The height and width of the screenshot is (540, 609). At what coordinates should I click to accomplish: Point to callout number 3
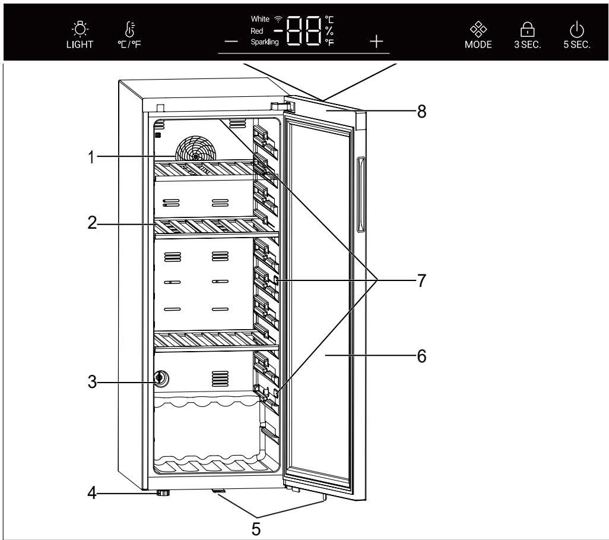click(90, 380)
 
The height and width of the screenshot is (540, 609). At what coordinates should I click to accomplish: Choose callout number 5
click(255, 527)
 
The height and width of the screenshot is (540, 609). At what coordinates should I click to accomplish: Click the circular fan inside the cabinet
click(196, 149)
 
